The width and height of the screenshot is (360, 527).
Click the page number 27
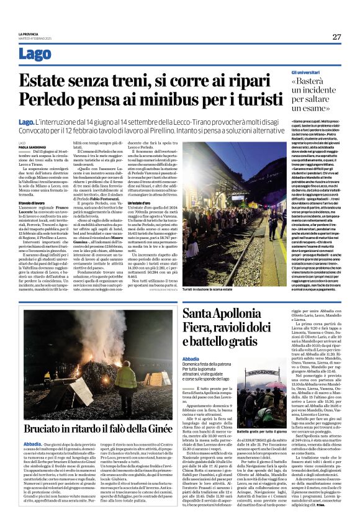coord(336,37)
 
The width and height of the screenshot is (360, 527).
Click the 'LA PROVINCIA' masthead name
coord(28,34)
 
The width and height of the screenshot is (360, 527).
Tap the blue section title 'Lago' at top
coord(35,54)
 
